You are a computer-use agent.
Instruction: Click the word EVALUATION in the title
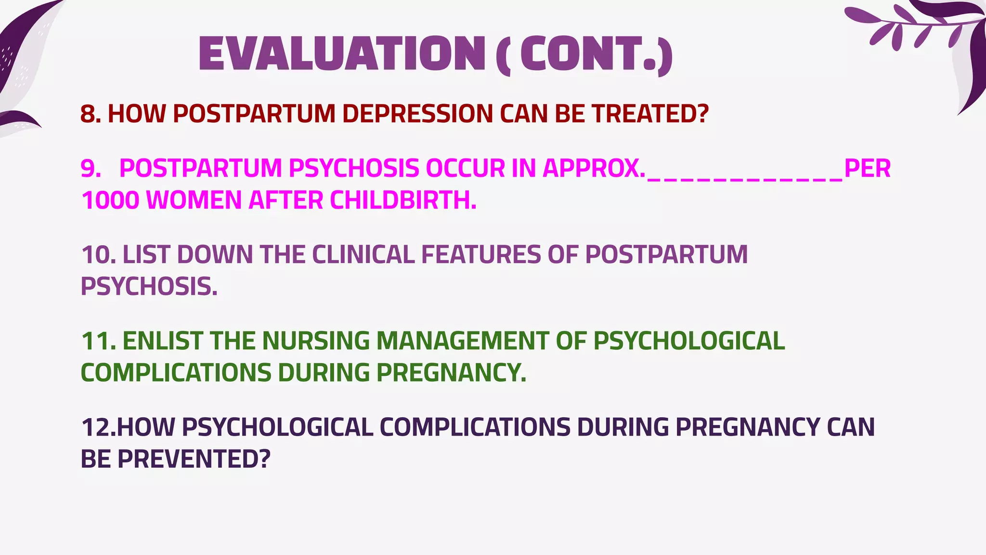pyautogui.click(x=342, y=54)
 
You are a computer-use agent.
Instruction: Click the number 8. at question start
pyautogui.click(x=91, y=114)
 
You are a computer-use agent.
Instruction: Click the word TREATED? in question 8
pyautogui.click(x=650, y=114)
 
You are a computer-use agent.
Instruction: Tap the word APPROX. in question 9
pyautogui.click(x=594, y=168)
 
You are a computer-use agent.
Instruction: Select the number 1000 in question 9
pyautogui.click(x=110, y=200)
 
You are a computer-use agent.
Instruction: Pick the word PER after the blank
pyautogui.click(x=868, y=168)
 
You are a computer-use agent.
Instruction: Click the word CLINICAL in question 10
pyautogui.click(x=363, y=254)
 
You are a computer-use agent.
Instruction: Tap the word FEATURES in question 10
pyautogui.click(x=481, y=254)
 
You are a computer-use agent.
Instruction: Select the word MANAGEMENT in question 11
pyautogui.click(x=462, y=341)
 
